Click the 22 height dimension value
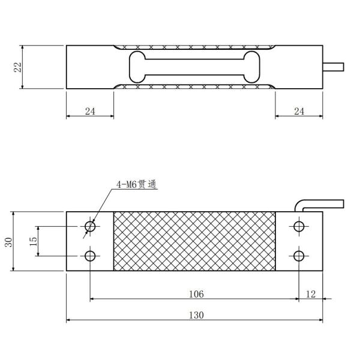tap(18, 67)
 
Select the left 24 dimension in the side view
tap(90, 111)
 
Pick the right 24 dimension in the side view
tap(299, 111)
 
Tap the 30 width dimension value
tap(9, 242)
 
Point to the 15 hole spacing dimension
tap(34, 241)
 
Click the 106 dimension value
tap(195, 293)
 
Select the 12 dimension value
tap(310, 293)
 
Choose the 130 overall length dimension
tap(195, 315)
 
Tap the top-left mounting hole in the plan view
tap(90, 226)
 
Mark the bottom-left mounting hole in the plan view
tap(90, 256)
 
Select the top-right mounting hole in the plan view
tap(299, 226)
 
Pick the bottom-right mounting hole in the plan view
tap(299, 256)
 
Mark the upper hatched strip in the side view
tap(195, 47)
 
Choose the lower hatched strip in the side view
tap(195, 86)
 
